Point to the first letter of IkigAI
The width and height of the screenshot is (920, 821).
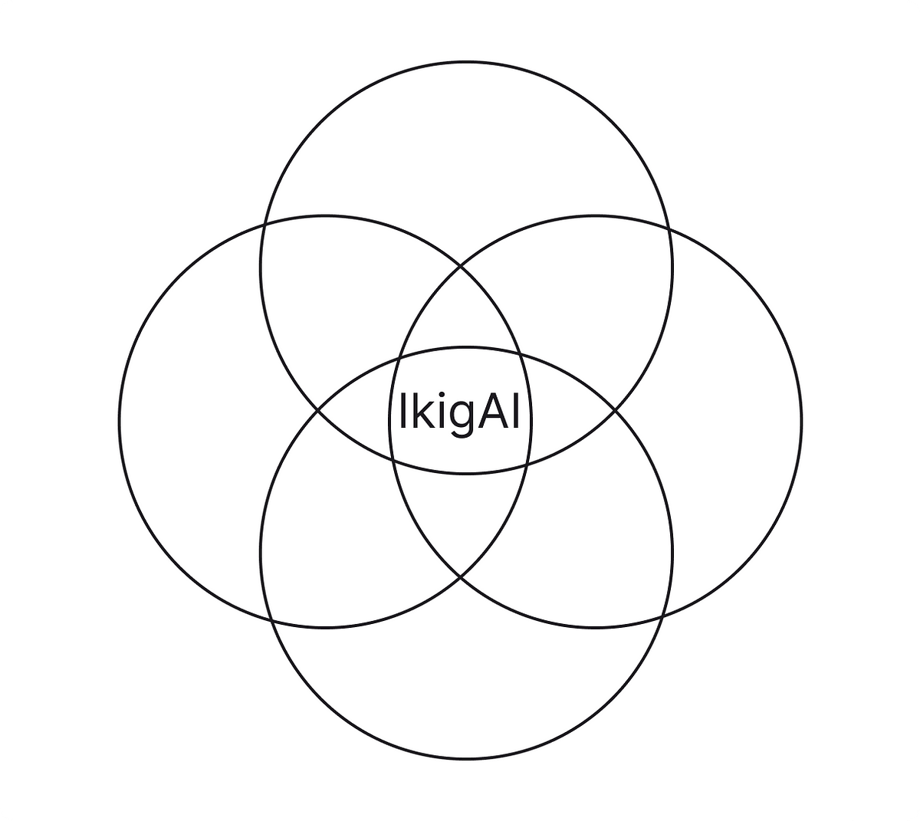[402, 412]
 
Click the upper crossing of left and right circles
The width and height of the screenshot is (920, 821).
[460, 266]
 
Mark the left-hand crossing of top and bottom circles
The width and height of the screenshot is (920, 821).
[317, 411]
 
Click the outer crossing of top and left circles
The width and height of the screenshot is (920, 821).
[264, 224]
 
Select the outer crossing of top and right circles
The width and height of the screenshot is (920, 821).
[669, 228]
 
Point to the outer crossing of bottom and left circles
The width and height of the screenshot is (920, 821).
[270, 619]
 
